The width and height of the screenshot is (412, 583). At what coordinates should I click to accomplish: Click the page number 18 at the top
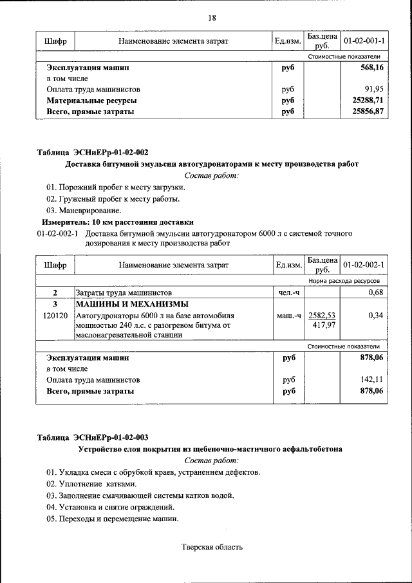point(211,17)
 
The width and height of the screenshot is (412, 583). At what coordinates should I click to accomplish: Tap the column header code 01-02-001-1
point(364,41)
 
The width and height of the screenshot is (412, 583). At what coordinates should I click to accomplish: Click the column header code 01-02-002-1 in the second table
point(364,265)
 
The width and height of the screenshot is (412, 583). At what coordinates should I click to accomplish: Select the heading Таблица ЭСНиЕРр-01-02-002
point(92,153)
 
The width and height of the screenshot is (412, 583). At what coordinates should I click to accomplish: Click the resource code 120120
point(55,316)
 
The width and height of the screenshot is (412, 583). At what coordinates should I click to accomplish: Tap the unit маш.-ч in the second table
point(288,316)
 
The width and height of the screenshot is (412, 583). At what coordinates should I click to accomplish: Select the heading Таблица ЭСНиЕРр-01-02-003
point(92,437)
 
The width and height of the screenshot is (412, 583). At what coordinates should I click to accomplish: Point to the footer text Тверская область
point(212,548)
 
